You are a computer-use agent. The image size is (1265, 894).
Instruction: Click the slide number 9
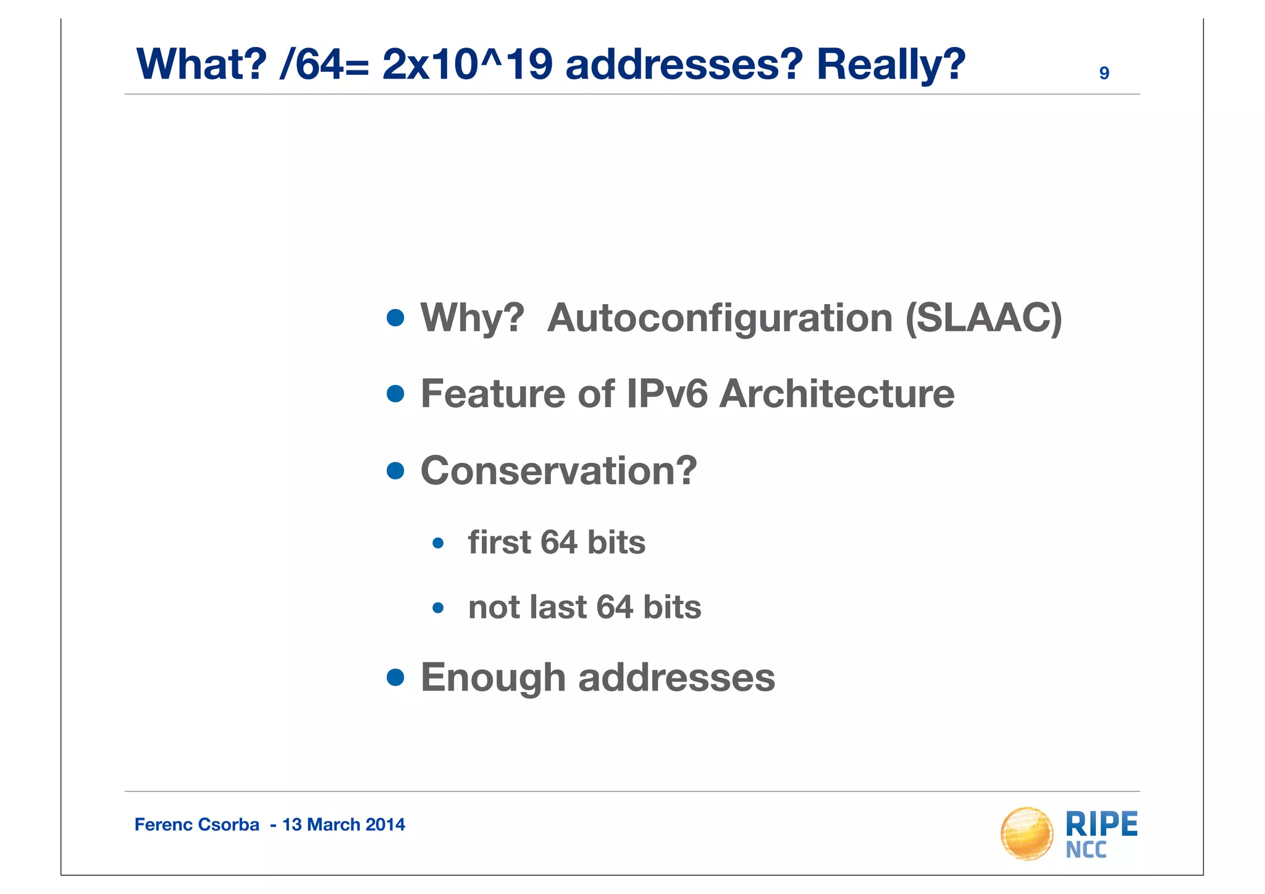1104,74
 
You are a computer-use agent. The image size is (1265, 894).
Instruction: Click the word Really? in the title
891,65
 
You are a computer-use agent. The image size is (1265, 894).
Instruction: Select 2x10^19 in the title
467,65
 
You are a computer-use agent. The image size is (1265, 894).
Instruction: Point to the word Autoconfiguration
720,319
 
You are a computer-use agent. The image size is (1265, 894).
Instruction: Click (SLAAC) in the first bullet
983,319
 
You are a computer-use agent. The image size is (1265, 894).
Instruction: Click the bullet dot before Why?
395,318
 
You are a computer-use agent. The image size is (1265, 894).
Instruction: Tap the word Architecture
837,394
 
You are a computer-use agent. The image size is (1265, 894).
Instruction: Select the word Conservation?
558,471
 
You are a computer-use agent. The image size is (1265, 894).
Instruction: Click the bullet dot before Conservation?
395,471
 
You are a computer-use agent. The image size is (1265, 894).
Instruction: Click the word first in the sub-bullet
499,542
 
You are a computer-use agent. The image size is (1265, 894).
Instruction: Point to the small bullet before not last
438,608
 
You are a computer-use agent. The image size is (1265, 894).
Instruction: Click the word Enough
493,678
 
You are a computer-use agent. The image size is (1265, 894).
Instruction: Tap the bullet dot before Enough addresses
395,678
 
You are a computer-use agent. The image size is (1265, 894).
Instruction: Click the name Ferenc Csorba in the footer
196,825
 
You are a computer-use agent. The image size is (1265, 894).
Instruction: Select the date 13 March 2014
343,825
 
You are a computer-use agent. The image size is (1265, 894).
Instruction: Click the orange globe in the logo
1027,834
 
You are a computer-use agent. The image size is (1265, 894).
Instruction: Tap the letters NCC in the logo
1086,850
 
